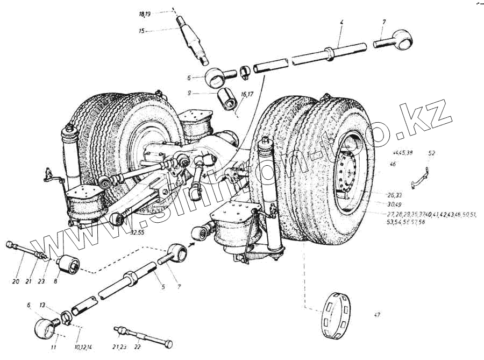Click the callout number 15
[x=141, y=31]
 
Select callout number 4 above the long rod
[x=341, y=23]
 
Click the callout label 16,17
[x=247, y=94]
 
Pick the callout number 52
[x=431, y=153]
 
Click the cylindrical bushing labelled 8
[x=69, y=263]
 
